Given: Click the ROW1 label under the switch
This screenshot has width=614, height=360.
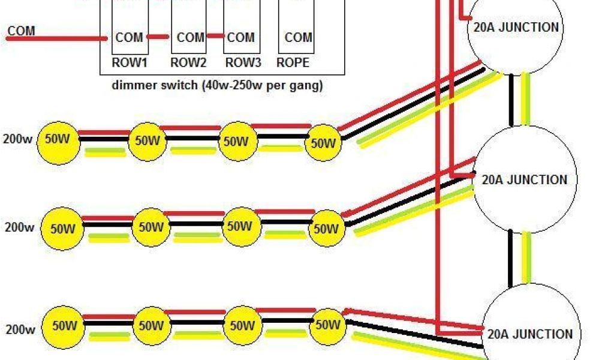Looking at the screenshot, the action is [129, 62].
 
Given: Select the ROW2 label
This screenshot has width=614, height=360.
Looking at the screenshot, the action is [188, 62].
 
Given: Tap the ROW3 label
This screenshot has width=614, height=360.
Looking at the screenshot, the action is [243, 62].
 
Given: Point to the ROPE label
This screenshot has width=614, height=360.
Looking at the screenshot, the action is [293, 62].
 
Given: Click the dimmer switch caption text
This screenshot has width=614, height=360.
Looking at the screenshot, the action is [218, 85].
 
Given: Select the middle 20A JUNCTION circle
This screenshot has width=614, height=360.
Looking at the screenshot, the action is [525, 179].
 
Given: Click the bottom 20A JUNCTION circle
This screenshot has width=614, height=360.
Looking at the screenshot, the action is [530, 334].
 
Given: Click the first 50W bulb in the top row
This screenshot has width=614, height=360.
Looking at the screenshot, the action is [58, 141].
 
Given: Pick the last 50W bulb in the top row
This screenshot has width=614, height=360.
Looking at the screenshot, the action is [324, 143].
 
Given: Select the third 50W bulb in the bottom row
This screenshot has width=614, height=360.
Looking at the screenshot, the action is [242, 326].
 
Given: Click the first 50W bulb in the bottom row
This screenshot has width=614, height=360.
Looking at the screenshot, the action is [64, 326].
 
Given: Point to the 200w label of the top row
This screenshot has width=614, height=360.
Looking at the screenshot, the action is [18, 140].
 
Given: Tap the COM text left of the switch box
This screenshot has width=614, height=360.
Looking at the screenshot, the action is [22, 30].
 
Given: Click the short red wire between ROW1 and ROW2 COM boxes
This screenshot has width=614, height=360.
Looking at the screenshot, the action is [158, 37].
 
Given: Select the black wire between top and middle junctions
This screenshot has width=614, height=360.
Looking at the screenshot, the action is [511, 100].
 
